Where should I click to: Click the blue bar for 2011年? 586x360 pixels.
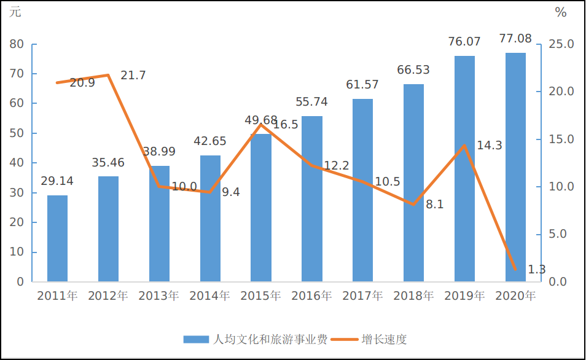57,238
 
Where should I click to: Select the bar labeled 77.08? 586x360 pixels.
515,167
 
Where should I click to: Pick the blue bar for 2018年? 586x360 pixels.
413,182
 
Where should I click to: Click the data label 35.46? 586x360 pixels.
108,163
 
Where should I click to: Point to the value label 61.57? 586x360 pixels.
362,85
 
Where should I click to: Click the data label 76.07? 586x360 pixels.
464,42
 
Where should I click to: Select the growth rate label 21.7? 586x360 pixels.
133,76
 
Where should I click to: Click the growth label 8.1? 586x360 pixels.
435,205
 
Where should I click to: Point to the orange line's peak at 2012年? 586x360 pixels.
108,75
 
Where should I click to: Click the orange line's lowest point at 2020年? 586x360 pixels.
515,269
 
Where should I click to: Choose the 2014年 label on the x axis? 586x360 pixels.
209,296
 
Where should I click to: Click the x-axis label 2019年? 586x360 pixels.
464,296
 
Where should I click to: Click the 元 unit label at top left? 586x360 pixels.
15,12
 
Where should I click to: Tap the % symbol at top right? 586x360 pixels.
560,12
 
